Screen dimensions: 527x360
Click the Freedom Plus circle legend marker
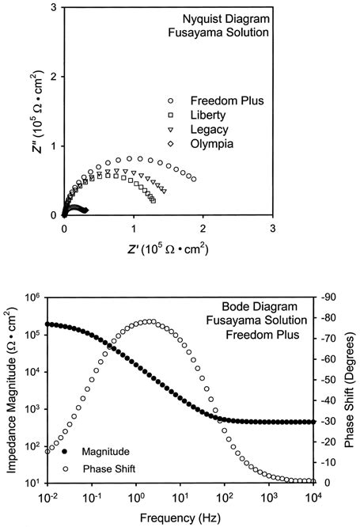[170, 102]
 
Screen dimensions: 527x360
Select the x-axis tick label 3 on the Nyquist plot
[272, 229]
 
